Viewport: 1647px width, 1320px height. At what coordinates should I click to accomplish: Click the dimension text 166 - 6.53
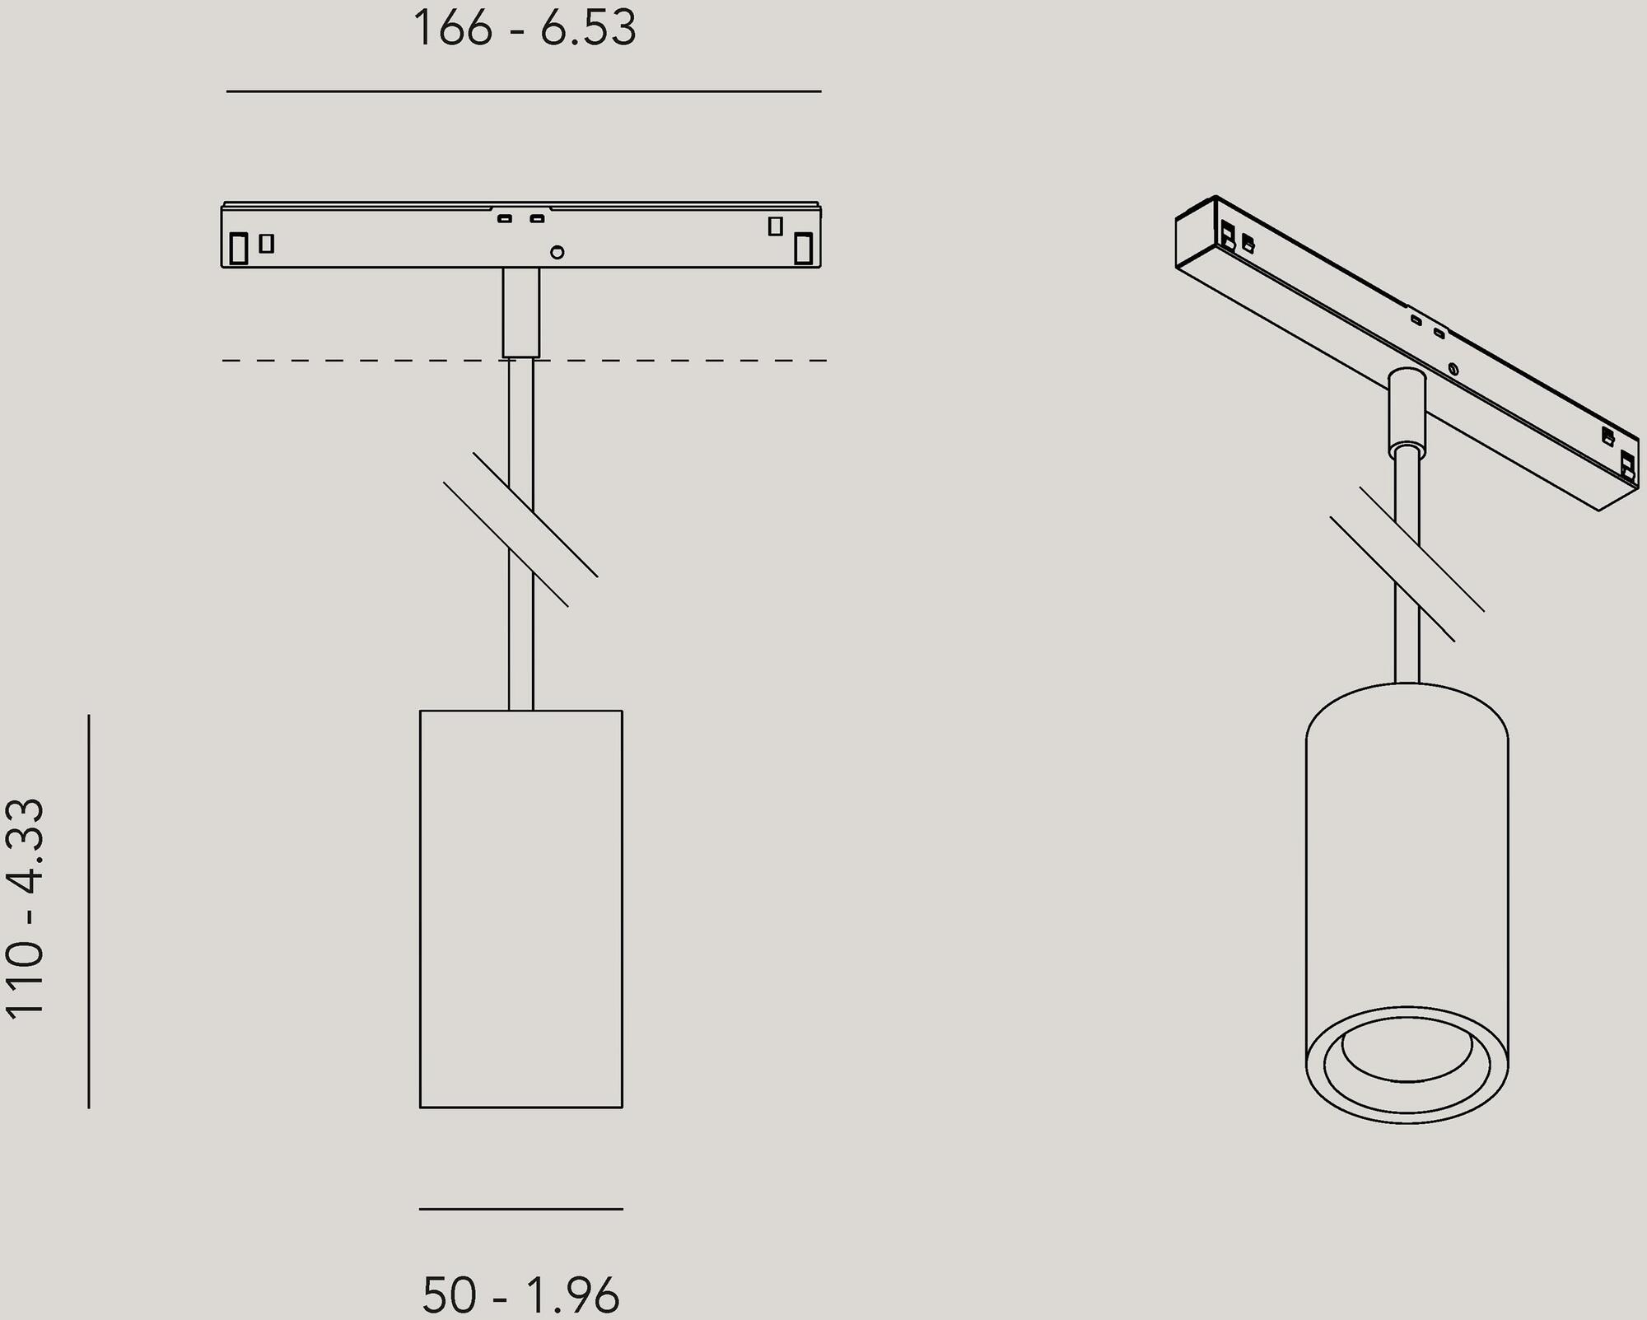(x=525, y=29)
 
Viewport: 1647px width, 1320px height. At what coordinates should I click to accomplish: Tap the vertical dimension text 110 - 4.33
(x=25, y=910)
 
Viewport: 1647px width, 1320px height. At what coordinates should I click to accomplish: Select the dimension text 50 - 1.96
(x=520, y=1294)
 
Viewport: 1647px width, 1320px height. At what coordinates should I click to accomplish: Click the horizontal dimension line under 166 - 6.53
(x=524, y=91)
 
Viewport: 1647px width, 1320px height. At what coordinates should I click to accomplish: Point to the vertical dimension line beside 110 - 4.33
(x=89, y=910)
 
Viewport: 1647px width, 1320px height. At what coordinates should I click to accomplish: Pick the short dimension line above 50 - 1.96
(x=520, y=1209)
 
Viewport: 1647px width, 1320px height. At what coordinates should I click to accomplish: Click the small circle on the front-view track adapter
(x=557, y=252)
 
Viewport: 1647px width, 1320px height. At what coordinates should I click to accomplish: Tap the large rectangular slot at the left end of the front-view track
(x=239, y=248)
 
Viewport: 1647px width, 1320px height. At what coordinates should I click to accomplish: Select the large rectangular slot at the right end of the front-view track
(x=803, y=248)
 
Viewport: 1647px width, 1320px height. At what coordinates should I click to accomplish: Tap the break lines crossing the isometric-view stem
(x=1407, y=564)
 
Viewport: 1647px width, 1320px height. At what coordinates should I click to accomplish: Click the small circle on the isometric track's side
(x=1453, y=369)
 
